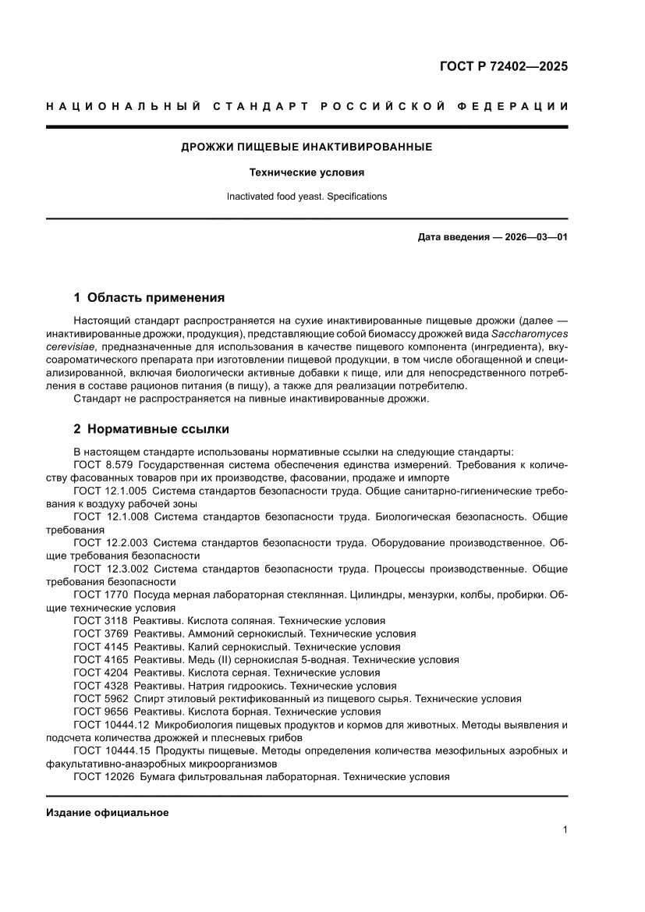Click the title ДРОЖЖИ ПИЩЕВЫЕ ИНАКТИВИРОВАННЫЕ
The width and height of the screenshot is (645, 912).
click(x=307, y=147)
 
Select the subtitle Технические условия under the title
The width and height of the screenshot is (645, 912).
click(x=307, y=172)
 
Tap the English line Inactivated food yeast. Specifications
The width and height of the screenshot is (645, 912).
click(x=307, y=197)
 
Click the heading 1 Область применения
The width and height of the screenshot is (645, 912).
click(x=149, y=297)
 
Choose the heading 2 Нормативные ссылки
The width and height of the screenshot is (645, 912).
click(x=151, y=429)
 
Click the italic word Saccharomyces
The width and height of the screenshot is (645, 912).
click(x=530, y=333)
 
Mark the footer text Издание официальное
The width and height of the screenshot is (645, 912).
click(x=108, y=813)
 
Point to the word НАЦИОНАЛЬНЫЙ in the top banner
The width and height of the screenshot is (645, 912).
click(x=118, y=106)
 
